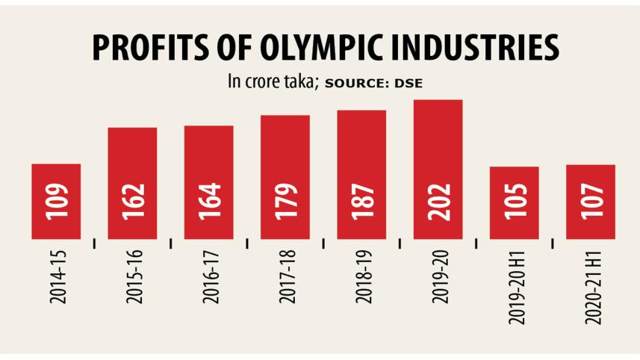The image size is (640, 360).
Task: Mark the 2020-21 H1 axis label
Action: (x=591, y=285)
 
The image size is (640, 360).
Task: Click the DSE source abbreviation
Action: (x=408, y=84)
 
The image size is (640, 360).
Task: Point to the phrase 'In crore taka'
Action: (x=273, y=82)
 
